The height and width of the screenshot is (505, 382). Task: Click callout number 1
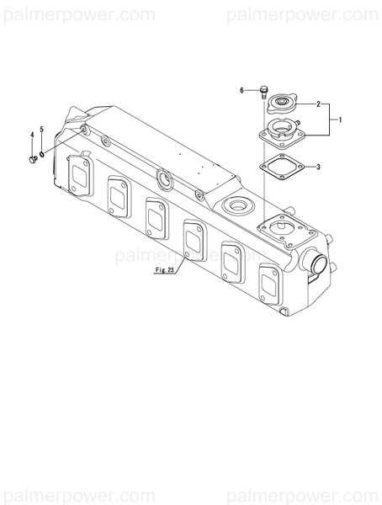pos(340,120)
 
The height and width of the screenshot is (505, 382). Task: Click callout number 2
pos(318,104)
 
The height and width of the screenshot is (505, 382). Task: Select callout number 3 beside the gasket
pos(318,167)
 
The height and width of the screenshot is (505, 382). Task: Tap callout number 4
pos(34,135)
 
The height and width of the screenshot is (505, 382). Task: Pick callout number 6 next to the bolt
pos(241,89)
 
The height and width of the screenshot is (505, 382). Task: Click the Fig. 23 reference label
pos(164,269)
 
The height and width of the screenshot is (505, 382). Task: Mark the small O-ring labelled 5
pos(43,153)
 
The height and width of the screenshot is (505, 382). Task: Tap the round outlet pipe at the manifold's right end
pos(316,266)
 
